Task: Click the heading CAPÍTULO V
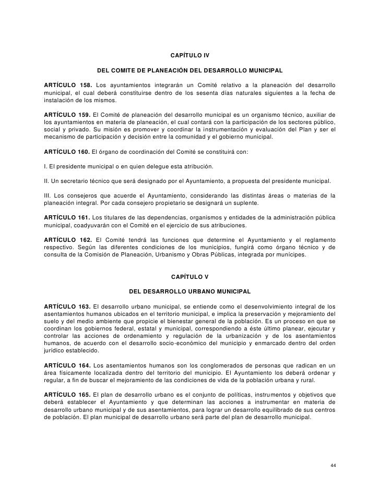point(190,276)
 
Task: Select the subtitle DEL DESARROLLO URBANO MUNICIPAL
point(190,290)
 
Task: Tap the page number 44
point(334,465)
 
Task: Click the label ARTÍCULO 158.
point(66,84)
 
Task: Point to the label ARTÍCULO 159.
point(67,114)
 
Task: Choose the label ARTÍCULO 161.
point(67,216)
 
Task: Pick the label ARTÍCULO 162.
point(67,239)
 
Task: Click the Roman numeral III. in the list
point(48,195)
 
